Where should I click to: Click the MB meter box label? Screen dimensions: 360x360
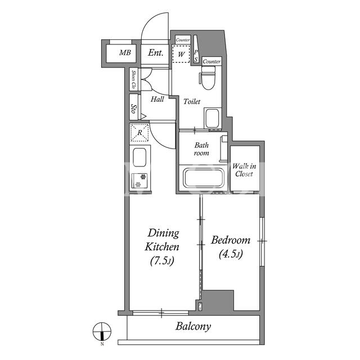pyautogui.click(x=125, y=53)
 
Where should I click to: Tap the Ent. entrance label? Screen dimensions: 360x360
pyautogui.click(x=155, y=52)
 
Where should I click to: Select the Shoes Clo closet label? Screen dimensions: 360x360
pyautogui.click(x=133, y=79)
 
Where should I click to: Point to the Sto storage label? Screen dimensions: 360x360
pyautogui.click(x=133, y=108)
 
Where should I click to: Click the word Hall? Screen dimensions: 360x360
pyautogui.click(x=157, y=99)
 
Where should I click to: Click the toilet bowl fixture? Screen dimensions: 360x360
pyautogui.click(x=208, y=78)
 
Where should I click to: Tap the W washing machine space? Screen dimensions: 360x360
pyautogui.click(x=181, y=54)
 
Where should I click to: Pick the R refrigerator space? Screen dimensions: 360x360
pyautogui.click(x=139, y=133)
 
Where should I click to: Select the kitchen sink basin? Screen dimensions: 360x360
pyautogui.click(x=139, y=157)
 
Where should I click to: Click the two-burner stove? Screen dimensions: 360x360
pyautogui.click(x=139, y=181)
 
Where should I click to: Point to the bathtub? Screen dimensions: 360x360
pyautogui.click(x=203, y=178)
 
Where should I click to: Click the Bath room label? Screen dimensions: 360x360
pyautogui.click(x=201, y=149)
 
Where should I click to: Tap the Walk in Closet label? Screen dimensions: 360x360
pyautogui.click(x=244, y=170)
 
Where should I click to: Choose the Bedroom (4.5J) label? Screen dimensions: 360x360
pyautogui.click(x=231, y=247)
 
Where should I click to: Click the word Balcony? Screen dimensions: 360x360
pyautogui.click(x=193, y=326)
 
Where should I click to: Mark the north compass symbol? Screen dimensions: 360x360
pyautogui.click(x=102, y=332)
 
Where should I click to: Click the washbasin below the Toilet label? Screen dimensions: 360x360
pyautogui.click(x=213, y=118)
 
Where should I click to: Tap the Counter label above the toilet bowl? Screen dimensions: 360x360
pyautogui.click(x=211, y=61)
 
